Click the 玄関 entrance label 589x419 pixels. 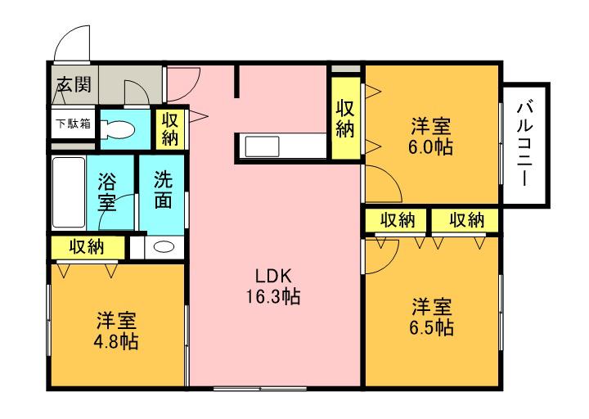[73, 83]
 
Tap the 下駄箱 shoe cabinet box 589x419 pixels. [73, 125]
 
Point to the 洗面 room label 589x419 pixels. [164, 190]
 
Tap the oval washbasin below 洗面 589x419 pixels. [164, 248]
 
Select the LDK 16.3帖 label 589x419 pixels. [273, 286]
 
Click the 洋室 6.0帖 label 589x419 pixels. [431, 137]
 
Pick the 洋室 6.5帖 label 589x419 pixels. [431, 318]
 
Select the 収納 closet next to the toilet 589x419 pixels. [169, 128]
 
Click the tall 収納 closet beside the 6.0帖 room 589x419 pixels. [345, 118]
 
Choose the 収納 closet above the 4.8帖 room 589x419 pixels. [87, 246]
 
